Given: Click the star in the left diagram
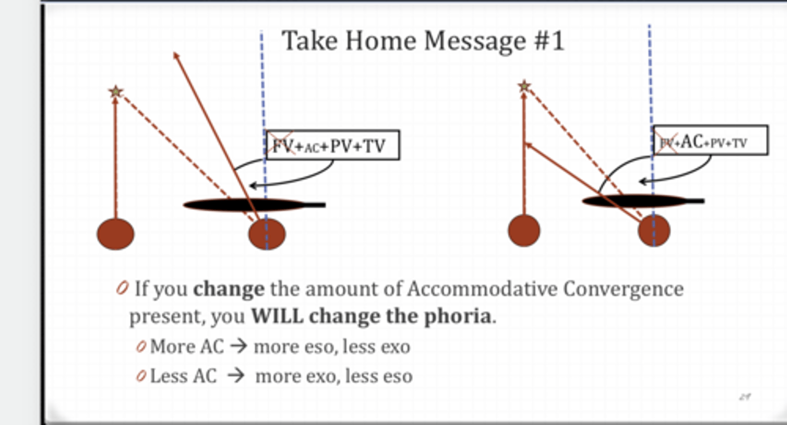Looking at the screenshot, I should [x=115, y=91].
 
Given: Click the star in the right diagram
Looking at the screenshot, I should [x=524, y=86].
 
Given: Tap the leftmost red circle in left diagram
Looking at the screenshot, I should [x=115, y=234].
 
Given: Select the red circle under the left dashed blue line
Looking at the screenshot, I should [x=267, y=234].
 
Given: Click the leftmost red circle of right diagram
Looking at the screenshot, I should [x=524, y=230].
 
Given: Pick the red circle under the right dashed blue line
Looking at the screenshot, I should [x=654, y=230].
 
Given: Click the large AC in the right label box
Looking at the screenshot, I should [x=690, y=142].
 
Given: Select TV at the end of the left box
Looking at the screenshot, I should [x=375, y=146].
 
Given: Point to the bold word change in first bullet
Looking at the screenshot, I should [x=228, y=288].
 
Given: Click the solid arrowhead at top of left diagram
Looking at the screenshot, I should [x=175, y=55].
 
